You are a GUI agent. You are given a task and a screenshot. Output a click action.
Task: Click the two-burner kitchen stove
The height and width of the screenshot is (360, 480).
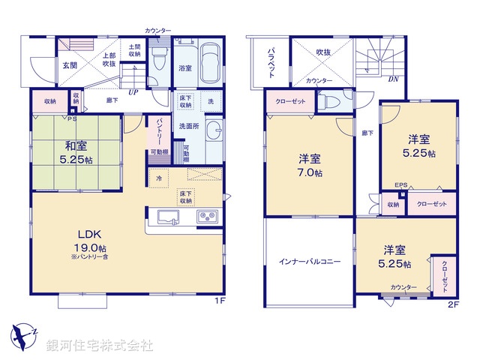(206, 217)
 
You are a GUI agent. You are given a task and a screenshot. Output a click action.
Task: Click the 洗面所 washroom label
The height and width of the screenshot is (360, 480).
(188, 126)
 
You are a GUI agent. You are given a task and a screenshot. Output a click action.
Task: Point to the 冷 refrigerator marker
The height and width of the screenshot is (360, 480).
(159, 178)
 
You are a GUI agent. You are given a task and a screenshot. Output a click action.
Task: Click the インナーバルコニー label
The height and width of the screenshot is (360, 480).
(310, 262)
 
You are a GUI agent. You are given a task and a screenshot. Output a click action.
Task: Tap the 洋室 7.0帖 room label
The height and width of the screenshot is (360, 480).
(310, 165)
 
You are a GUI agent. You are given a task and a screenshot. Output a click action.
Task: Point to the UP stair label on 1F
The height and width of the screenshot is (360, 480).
(133, 93)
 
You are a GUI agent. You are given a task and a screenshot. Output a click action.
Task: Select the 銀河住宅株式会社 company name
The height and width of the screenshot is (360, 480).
(100, 345)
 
